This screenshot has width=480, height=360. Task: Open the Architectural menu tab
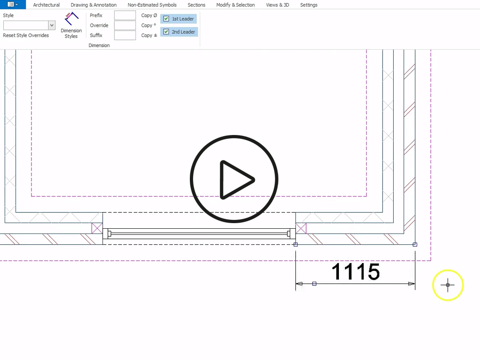(x=46, y=5)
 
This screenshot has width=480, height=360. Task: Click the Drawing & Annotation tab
(x=93, y=5)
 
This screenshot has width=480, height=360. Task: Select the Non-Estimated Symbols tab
(x=152, y=5)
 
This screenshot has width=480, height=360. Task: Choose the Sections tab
(x=196, y=5)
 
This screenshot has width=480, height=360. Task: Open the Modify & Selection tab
(x=235, y=5)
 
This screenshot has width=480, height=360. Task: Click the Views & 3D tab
(x=277, y=5)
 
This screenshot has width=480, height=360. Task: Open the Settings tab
(x=308, y=5)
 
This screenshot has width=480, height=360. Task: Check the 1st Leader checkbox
(x=166, y=19)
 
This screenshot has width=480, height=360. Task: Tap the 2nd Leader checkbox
(x=166, y=31)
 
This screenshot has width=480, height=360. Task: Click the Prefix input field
(x=125, y=15)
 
